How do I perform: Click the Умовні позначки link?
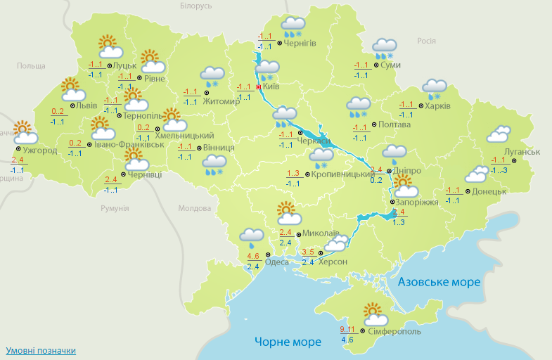click(x=41, y=350)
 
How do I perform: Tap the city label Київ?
click(x=271, y=86)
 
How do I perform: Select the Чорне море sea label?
click(x=288, y=342)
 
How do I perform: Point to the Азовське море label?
click(x=439, y=282)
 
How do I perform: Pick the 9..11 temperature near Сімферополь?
click(x=347, y=328)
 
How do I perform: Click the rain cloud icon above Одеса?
click(x=252, y=237)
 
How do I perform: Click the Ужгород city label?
click(x=39, y=150)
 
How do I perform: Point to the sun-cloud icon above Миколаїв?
click(x=288, y=212)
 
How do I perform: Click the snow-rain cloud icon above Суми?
click(x=385, y=48)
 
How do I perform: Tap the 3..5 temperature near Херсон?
click(x=308, y=252)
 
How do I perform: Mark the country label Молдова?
click(x=194, y=209)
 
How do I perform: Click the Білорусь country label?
click(x=195, y=6)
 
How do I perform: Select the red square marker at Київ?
click(x=258, y=87)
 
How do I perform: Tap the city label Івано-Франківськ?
click(x=129, y=144)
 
